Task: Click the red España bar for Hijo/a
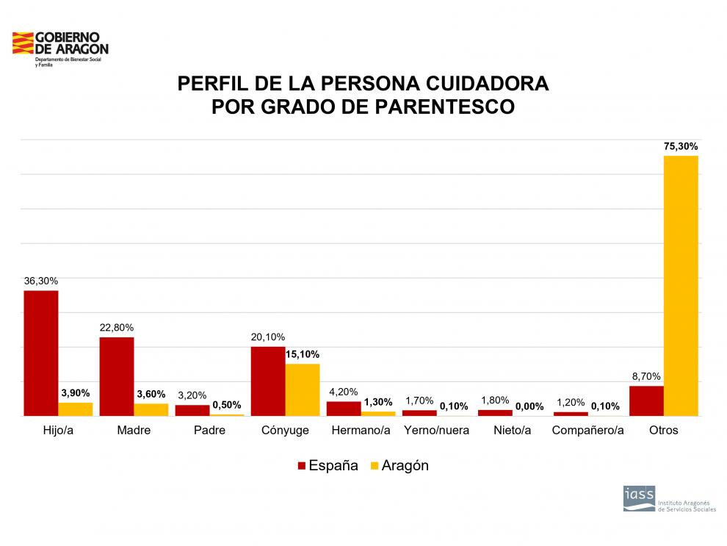click(41, 353)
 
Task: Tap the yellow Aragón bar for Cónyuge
click(303, 389)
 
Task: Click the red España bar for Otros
click(646, 400)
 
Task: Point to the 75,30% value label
click(681, 146)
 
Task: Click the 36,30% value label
click(41, 281)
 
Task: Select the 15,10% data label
click(303, 354)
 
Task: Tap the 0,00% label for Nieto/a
click(529, 406)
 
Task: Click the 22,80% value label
click(117, 328)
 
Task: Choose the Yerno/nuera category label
click(436, 430)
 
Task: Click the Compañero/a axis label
click(588, 430)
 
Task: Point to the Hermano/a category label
click(361, 430)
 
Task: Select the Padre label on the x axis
click(209, 430)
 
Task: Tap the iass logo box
click(638, 497)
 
